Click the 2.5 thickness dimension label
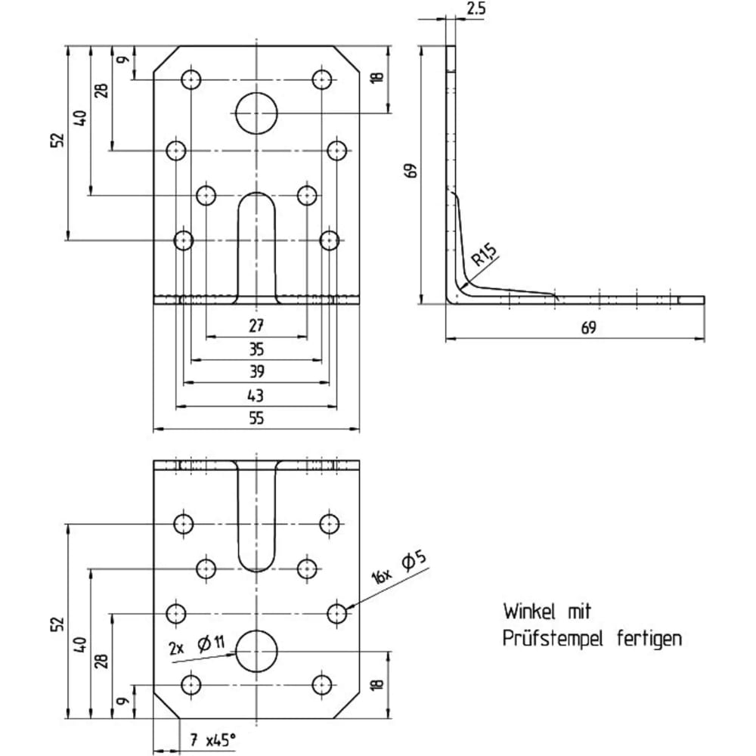pos(476,8)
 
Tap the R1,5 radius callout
pos(483,255)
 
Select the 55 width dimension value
pos(256,417)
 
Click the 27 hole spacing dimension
pos(256,326)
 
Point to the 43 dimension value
pos(256,395)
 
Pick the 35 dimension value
pos(256,349)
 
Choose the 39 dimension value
pos(256,372)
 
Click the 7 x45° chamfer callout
pos(212,739)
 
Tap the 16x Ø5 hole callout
pos(399,569)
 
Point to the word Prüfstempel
pos(553,639)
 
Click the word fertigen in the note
pos(649,639)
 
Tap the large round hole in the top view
pos(256,113)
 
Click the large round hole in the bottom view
pos(256,652)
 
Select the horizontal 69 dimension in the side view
pos(588,327)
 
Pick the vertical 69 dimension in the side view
pos(411,170)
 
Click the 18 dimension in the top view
pos(377,76)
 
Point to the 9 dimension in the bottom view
pos(123,700)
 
